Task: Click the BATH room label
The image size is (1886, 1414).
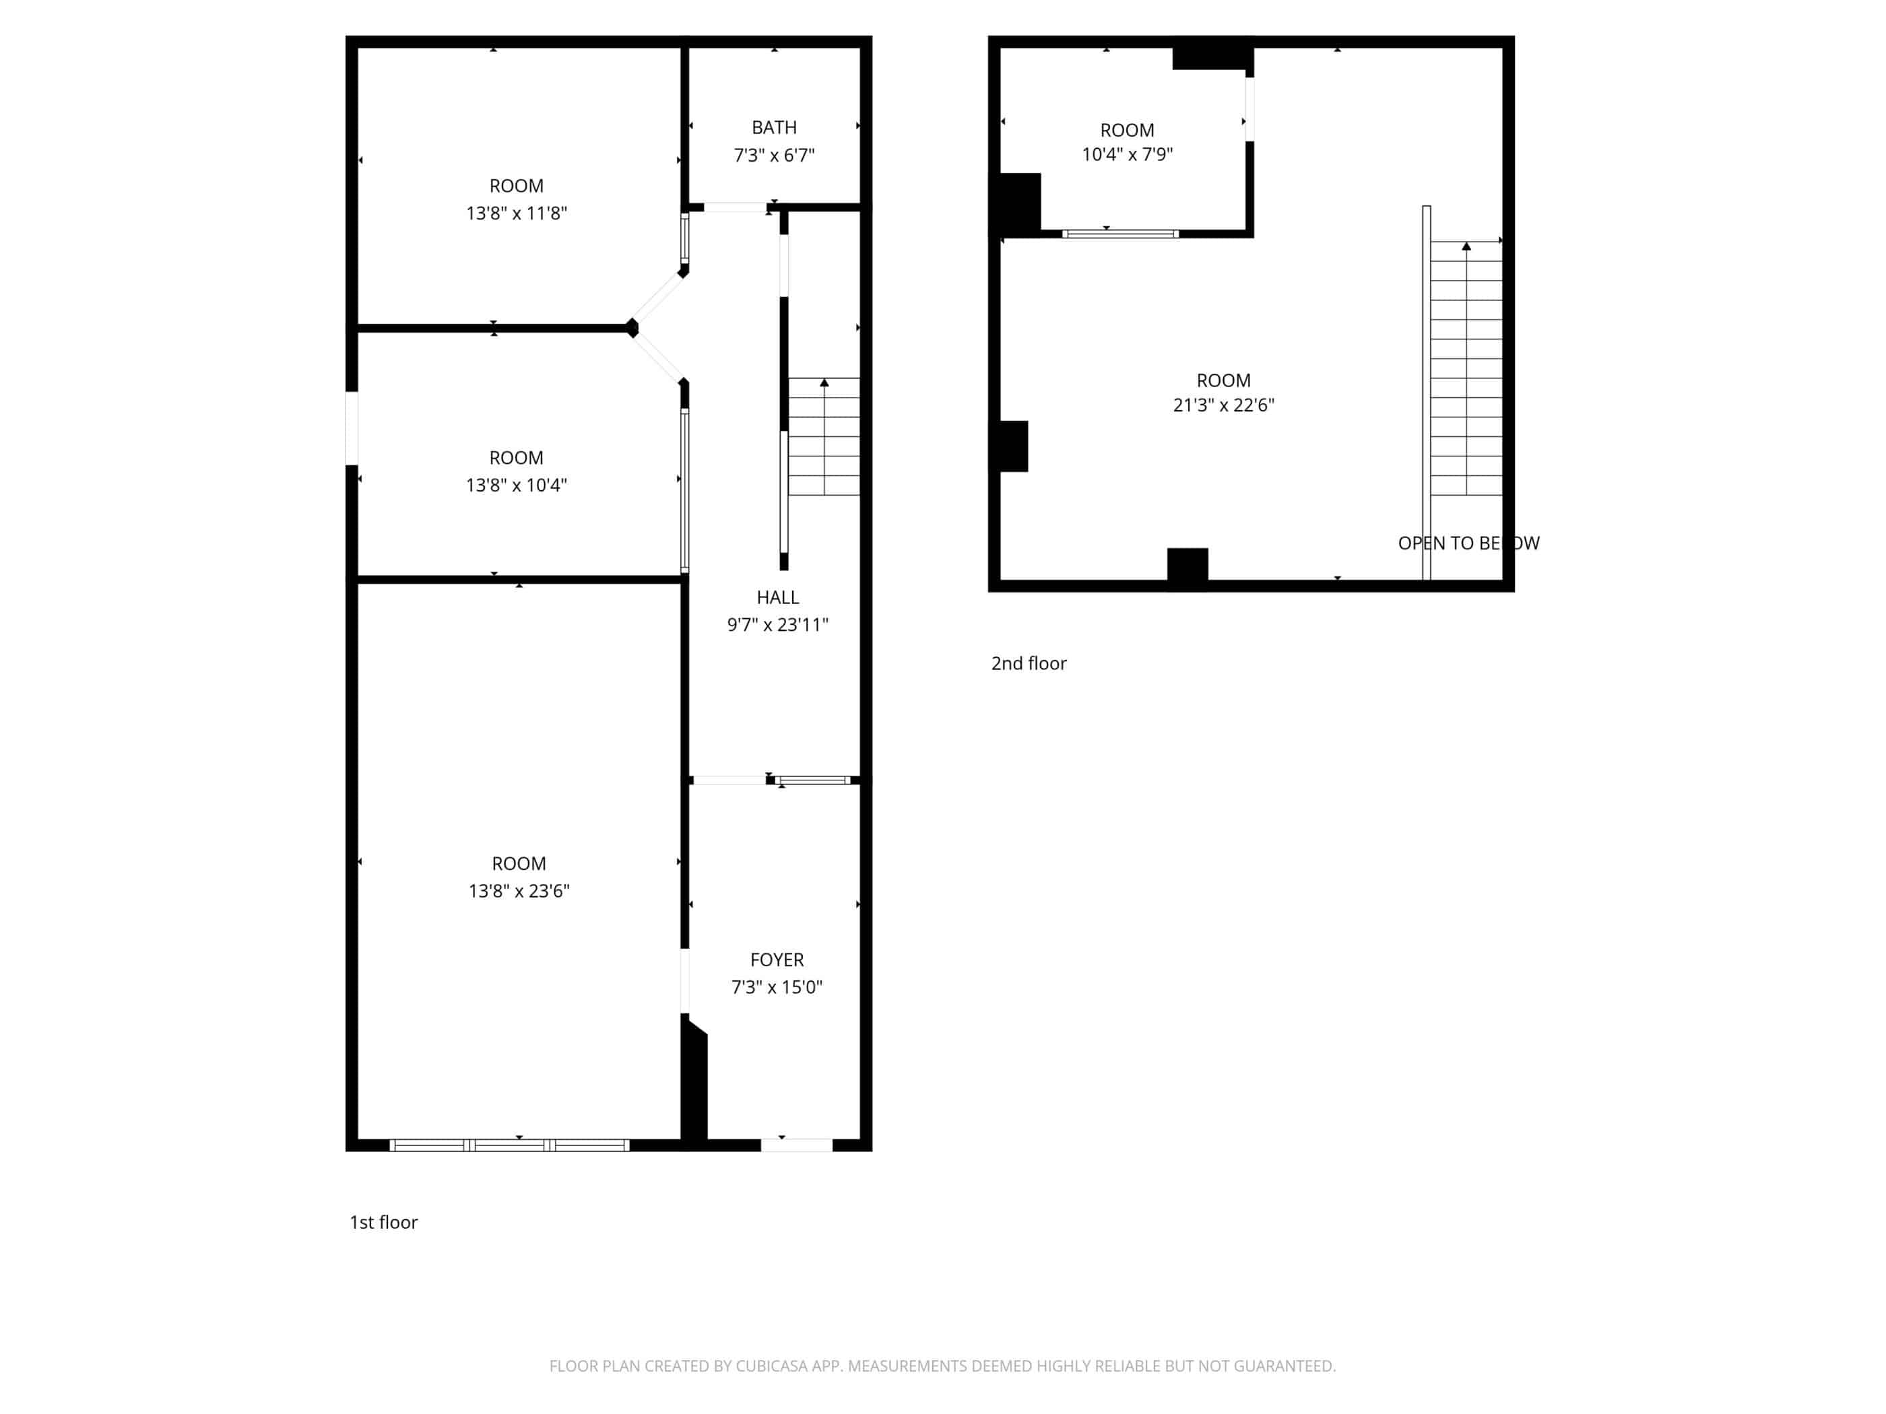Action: click(774, 128)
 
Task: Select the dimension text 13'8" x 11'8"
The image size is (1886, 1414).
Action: click(517, 213)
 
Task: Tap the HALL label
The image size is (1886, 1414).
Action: click(777, 597)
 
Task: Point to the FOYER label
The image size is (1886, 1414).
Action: click(777, 959)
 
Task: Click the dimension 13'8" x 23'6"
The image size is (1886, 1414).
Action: click(519, 891)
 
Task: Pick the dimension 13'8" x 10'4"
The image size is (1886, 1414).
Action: click(517, 485)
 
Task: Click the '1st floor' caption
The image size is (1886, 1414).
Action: click(384, 1222)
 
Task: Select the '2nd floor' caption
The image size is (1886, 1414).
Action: click(1029, 663)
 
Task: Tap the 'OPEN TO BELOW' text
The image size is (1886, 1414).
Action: click(1469, 543)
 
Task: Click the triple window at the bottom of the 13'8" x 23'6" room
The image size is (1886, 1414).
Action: click(510, 1145)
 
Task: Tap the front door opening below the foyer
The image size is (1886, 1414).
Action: click(796, 1145)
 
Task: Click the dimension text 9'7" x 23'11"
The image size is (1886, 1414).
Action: click(777, 625)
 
